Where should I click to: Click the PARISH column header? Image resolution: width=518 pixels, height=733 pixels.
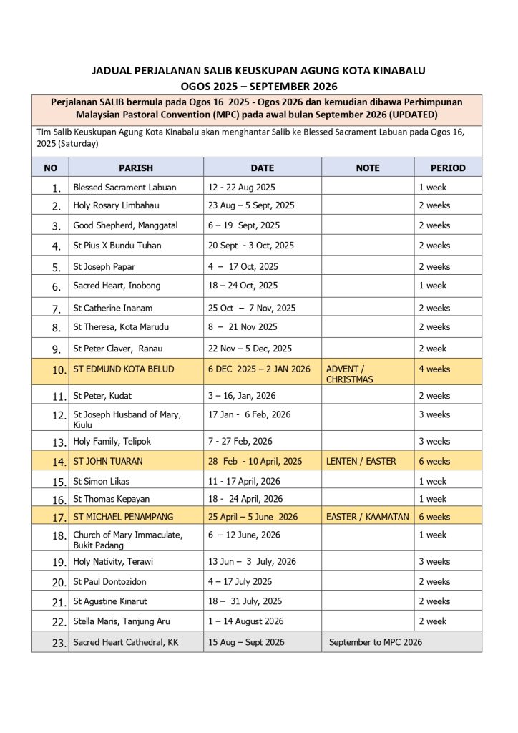136,168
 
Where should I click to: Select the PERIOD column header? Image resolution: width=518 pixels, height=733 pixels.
447,168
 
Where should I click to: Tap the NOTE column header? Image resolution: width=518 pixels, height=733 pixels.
367,168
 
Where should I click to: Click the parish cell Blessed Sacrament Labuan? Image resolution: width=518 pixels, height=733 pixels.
124,187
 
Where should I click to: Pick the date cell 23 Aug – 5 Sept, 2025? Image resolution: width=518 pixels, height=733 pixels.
251,205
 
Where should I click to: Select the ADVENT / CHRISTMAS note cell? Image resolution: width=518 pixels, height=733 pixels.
350,374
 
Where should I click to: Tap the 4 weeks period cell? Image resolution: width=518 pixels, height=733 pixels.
434,369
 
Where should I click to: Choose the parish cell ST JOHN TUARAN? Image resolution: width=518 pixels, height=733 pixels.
110,461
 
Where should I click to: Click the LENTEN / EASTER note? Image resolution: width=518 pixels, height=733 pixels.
361,461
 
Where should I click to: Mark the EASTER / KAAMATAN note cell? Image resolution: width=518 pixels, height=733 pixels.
367,517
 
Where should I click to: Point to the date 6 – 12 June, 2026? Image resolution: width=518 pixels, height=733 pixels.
244,535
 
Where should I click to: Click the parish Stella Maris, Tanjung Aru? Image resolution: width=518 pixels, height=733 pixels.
122,621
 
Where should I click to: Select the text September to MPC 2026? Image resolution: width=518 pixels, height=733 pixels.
375,642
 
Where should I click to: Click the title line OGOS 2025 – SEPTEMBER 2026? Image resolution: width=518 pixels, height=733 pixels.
258,85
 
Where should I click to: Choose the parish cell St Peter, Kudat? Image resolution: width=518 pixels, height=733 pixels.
102,396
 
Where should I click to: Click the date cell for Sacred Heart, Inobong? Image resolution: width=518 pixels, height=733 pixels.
243,286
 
